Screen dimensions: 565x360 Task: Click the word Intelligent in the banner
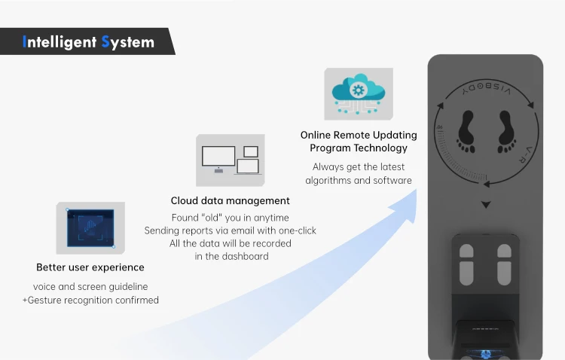coord(59,41)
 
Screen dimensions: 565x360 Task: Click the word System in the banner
coord(127,41)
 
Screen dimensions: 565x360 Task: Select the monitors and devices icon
coord(231,160)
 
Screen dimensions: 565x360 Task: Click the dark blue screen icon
coord(90,227)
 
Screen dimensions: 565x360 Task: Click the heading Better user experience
coord(90,267)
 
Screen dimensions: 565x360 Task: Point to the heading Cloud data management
coord(231,201)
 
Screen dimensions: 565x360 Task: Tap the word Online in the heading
coord(316,135)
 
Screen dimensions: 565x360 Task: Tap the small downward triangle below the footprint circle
coord(486,205)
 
